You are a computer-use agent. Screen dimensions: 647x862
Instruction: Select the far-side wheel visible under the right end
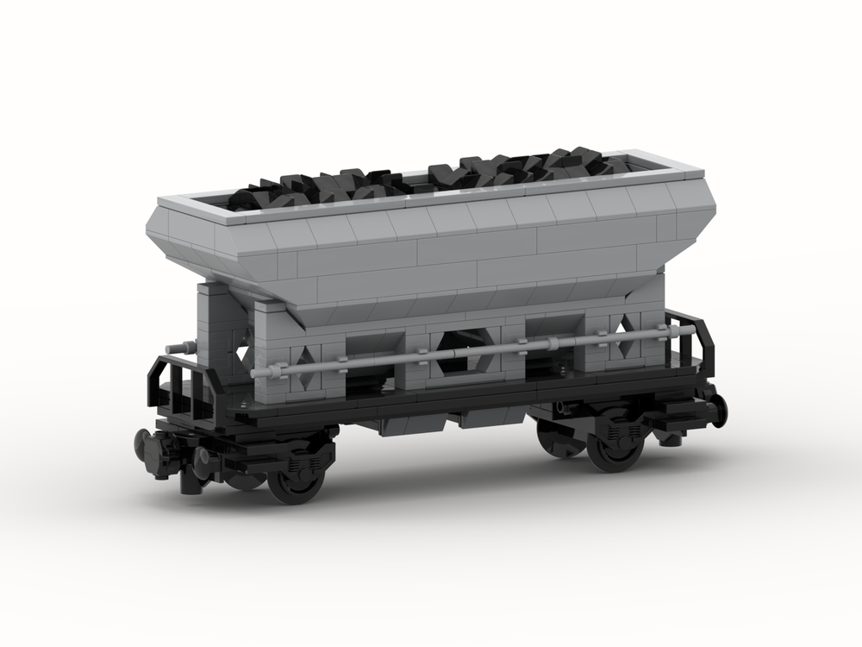552,436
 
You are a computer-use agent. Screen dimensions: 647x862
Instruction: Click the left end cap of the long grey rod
259,373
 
